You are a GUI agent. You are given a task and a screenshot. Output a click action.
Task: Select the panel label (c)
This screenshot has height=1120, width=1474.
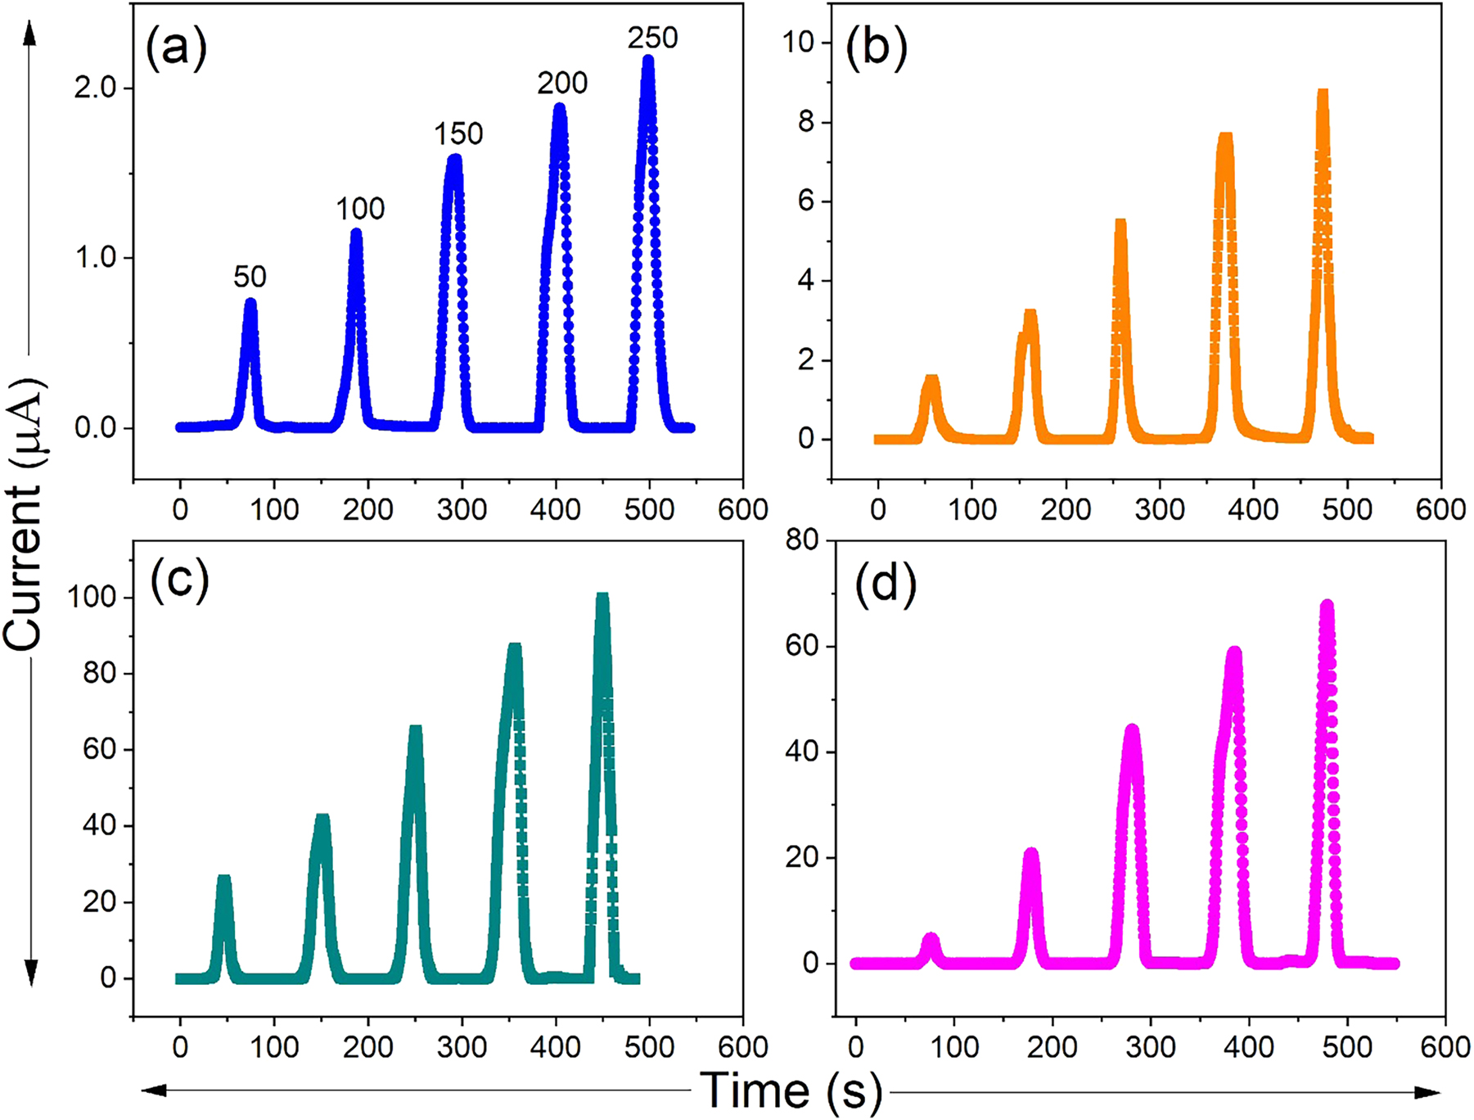179,580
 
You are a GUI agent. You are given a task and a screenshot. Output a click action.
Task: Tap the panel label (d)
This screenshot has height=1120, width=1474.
886,586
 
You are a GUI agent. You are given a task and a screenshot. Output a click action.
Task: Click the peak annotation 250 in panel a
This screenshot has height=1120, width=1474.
652,38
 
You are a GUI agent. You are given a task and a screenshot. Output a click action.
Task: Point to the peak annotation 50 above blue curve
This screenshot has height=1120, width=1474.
250,277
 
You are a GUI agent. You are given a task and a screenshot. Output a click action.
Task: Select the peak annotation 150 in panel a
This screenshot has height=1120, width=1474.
458,133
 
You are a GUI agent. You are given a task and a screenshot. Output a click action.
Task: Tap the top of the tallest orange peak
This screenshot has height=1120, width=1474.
1323,93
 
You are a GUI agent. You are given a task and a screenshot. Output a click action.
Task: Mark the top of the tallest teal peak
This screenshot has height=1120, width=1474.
602,597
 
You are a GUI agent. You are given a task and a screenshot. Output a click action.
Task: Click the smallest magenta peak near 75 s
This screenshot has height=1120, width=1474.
931,937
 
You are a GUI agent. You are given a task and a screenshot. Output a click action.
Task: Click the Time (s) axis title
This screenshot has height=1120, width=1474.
791,1090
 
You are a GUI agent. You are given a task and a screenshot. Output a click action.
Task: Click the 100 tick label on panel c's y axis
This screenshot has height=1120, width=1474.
92,597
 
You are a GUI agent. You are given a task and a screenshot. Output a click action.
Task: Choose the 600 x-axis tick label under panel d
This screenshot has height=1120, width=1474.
1445,1046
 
